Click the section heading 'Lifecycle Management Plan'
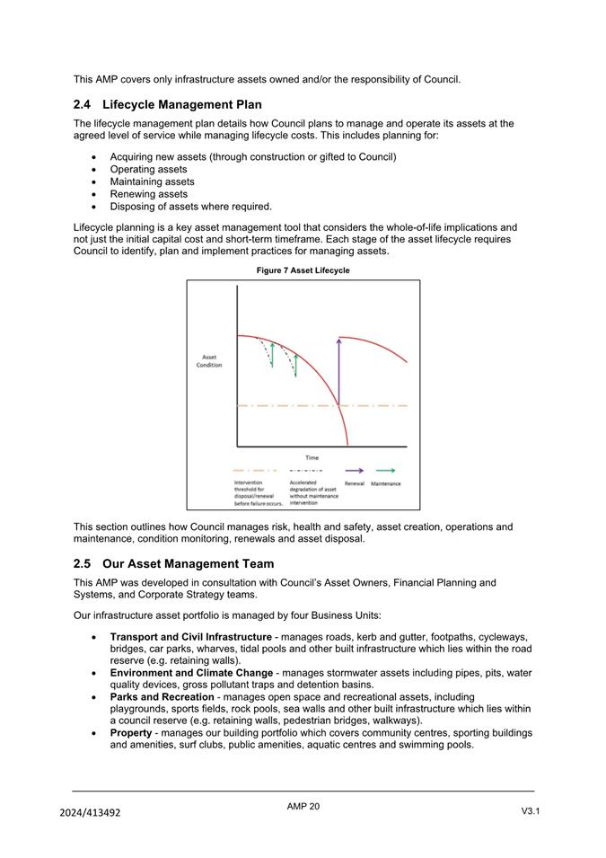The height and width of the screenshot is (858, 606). click(x=182, y=104)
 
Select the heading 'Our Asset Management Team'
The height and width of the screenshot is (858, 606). click(x=188, y=564)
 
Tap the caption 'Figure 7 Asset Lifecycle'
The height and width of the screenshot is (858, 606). click(x=303, y=270)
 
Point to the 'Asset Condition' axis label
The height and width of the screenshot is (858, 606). click(x=209, y=361)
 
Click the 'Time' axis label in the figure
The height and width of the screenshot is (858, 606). click(x=312, y=457)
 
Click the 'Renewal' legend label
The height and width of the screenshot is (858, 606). click(x=355, y=484)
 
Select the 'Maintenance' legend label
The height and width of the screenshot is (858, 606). click(x=386, y=484)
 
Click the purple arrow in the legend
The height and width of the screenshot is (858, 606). click(x=355, y=470)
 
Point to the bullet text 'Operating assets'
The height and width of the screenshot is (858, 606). click(x=148, y=169)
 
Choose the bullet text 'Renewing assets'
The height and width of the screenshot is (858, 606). click(x=148, y=194)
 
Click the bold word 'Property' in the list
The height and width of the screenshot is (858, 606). click(x=133, y=732)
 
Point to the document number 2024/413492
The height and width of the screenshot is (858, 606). click(x=90, y=813)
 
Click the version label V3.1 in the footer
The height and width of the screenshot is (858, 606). click(x=530, y=812)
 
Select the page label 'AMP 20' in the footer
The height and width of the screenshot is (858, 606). click(x=303, y=807)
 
